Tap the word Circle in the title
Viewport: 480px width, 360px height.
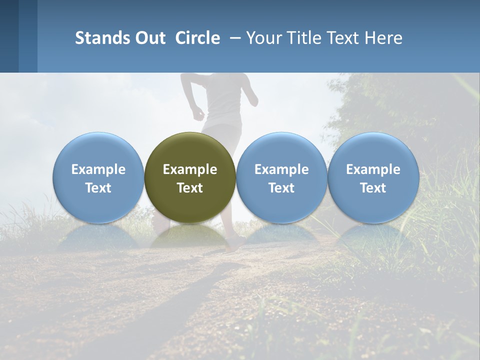pyautogui.click(x=197, y=38)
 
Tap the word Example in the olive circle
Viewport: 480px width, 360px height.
pyautogui.click(x=190, y=169)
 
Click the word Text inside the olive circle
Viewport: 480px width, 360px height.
pyautogui.click(x=190, y=188)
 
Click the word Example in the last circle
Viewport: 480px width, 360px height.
pyautogui.click(x=373, y=169)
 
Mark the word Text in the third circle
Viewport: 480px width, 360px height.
pyautogui.click(x=281, y=188)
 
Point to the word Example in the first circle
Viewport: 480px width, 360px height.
pyautogui.click(x=98, y=169)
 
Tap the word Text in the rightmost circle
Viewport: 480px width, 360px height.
pyautogui.click(x=373, y=188)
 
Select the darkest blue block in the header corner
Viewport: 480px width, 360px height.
pyautogui.click(x=9, y=36)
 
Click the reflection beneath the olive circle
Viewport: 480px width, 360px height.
pyautogui.click(x=190, y=237)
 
